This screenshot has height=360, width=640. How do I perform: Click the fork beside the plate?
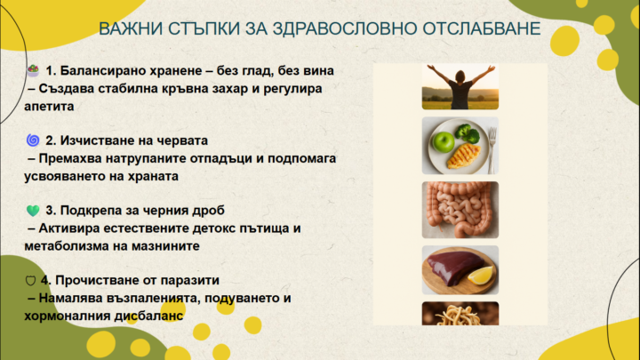click(490, 146)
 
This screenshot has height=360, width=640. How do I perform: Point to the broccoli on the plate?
click(466, 132)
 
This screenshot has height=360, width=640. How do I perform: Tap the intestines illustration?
click(459, 210)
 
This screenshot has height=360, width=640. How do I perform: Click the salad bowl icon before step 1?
click(33, 69)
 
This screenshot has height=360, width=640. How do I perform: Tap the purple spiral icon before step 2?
click(33, 140)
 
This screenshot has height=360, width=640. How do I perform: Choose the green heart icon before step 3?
click(33, 211)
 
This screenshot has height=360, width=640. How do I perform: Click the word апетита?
click(51, 105)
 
